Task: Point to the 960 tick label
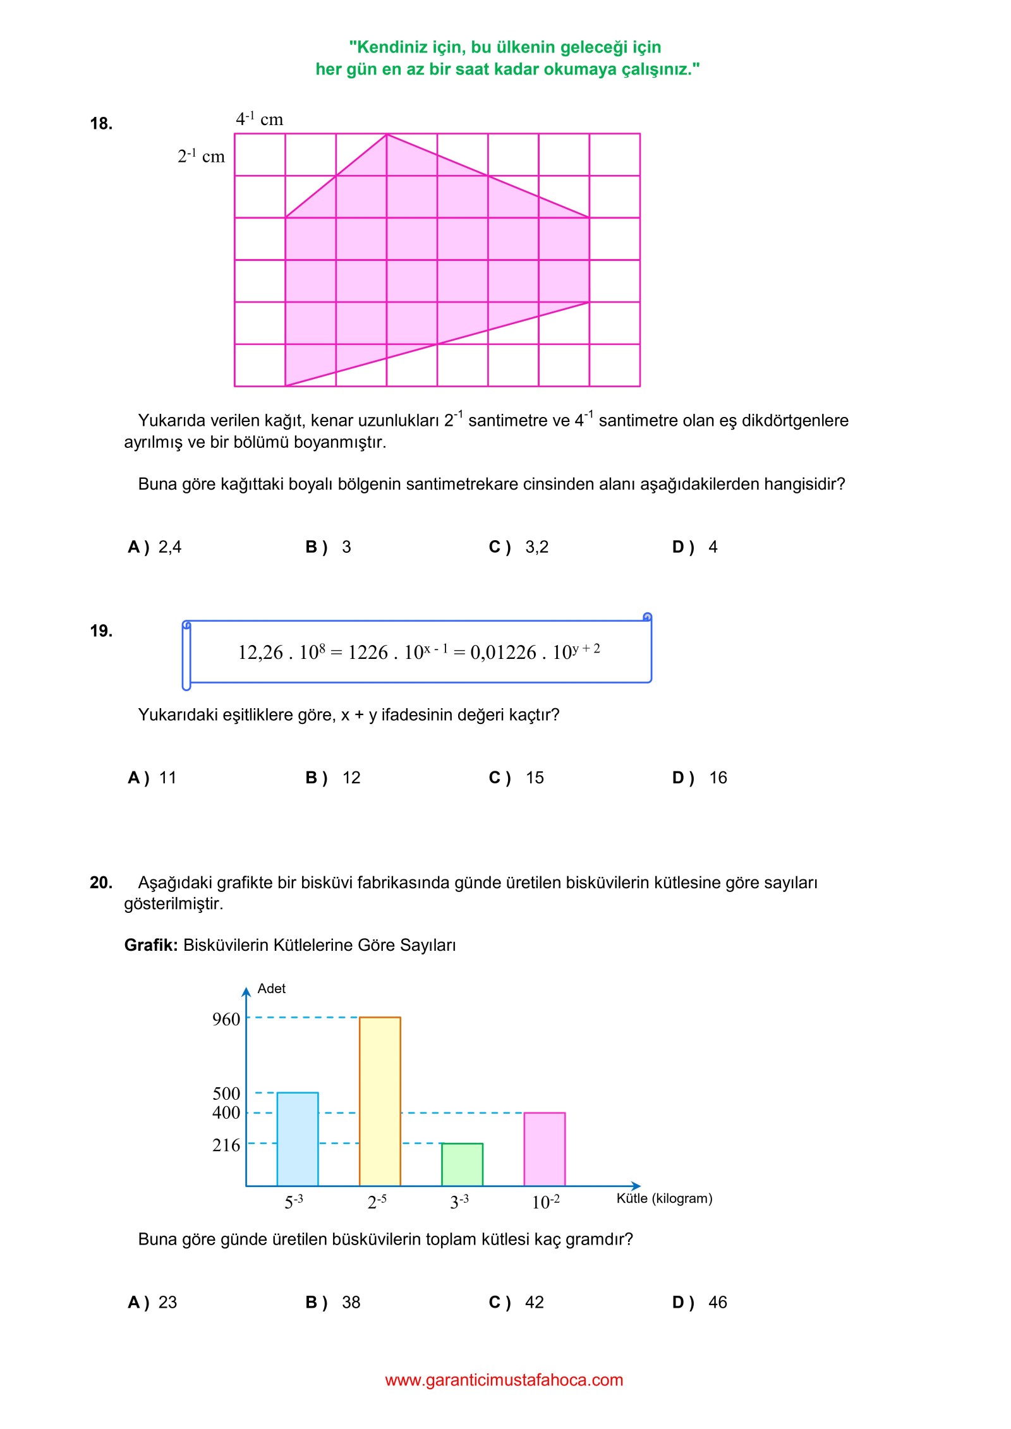click(x=226, y=1019)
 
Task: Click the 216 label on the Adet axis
click(x=226, y=1145)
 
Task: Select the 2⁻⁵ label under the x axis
click(x=377, y=1201)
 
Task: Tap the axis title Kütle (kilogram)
click(x=664, y=1198)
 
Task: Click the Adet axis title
click(x=272, y=989)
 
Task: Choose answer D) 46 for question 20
click(x=699, y=1302)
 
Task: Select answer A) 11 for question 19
click(x=152, y=778)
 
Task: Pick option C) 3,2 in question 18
click(x=519, y=547)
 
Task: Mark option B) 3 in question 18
click(x=328, y=547)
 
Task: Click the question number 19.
click(x=101, y=630)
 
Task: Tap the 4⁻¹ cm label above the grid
click(x=259, y=119)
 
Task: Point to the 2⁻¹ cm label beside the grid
click(x=201, y=156)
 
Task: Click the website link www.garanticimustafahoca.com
click(x=504, y=1380)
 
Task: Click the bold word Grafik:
click(x=151, y=945)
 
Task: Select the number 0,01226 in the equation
click(x=503, y=653)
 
